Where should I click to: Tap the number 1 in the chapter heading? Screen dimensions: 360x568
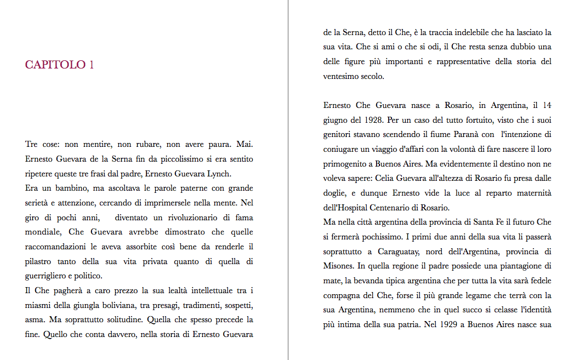click(x=91, y=65)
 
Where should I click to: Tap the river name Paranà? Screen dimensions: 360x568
click(x=450, y=134)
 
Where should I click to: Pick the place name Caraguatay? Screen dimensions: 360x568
click(x=403, y=252)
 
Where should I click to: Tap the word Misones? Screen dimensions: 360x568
click(x=338, y=266)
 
